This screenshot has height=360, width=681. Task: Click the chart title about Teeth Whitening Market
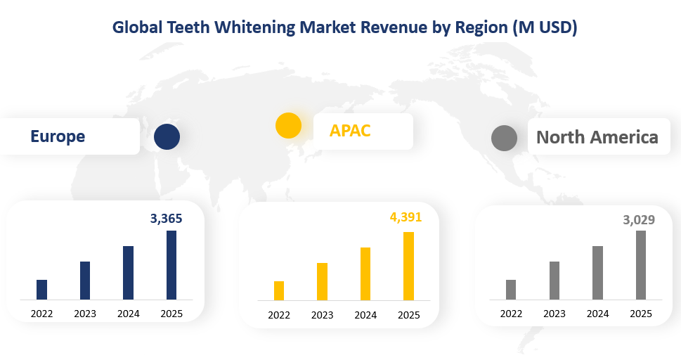(344, 27)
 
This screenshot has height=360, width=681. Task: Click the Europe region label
(58, 136)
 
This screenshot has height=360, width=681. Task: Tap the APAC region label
(350, 130)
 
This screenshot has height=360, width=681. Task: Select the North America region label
(597, 137)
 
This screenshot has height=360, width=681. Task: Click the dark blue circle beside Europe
(167, 136)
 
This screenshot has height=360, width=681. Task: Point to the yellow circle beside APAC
(288, 125)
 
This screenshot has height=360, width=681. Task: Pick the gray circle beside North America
(504, 138)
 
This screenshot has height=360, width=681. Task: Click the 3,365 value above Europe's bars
(166, 219)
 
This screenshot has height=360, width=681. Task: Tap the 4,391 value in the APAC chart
(406, 217)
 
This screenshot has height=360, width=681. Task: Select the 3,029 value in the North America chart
(639, 220)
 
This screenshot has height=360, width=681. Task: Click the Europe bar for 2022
(41, 290)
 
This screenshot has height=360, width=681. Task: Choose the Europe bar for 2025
(171, 265)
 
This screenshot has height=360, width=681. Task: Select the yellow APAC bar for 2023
(322, 282)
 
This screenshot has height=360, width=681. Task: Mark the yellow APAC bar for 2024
(365, 274)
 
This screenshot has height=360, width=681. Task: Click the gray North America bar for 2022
(511, 290)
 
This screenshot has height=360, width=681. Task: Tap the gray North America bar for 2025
(641, 265)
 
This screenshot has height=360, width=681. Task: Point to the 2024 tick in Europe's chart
(129, 314)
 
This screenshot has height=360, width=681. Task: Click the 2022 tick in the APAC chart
(279, 315)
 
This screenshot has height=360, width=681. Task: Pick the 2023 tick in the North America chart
(554, 314)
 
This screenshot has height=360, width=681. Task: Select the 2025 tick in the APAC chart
(408, 315)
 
